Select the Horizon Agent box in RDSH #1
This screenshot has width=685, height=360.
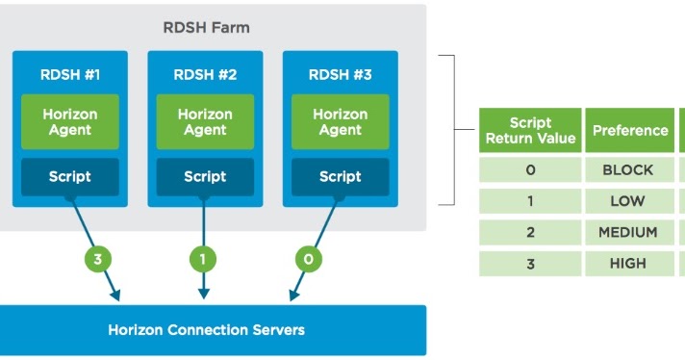(70, 121)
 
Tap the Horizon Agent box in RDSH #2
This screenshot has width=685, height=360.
(205, 121)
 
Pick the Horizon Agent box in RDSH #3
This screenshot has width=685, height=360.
(340, 121)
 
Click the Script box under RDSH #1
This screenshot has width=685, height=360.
(70, 176)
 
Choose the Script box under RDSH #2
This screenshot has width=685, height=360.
(205, 176)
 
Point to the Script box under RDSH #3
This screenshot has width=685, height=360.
(340, 176)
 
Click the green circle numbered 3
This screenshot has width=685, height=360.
(98, 258)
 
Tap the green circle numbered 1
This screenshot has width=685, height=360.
(203, 258)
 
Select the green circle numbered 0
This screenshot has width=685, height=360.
(309, 258)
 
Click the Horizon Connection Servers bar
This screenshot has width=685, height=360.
(206, 330)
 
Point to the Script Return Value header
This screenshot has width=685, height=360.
(530, 130)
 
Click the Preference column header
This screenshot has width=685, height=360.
(630, 130)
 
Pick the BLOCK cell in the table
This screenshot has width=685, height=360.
(628, 170)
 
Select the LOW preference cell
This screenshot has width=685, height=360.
(628, 201)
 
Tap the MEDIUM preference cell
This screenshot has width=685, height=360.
(628, 232)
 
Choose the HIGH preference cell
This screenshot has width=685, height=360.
(628, 263)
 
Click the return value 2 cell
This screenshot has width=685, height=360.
(530, 232)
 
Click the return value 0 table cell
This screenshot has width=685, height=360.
(530, 170)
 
